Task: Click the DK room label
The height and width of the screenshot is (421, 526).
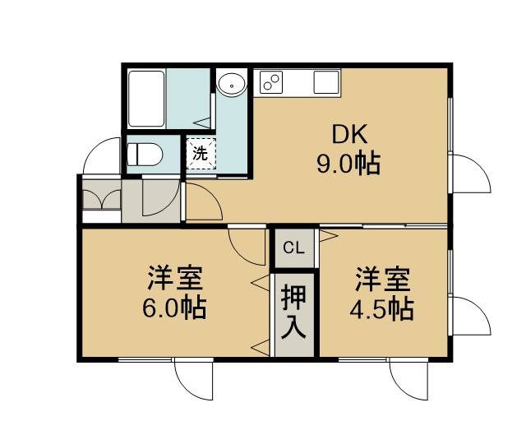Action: [349, 134]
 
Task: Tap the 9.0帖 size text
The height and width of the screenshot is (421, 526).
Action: [348, 164]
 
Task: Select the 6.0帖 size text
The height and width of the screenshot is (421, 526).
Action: [174, 308]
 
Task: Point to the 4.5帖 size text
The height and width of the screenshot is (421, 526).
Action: [381, 308]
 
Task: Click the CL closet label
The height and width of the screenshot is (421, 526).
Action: [293, 248]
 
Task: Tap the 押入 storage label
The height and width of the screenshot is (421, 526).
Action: [293, 311]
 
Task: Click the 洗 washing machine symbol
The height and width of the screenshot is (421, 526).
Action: [201, 154]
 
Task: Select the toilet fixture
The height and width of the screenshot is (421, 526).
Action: [145, 155]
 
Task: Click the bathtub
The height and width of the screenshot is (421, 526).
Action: [146, 99]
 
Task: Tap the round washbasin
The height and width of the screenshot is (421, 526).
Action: [232, 83]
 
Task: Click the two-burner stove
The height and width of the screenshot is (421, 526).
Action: [271, 82]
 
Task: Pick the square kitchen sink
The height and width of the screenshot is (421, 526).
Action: [326, 82]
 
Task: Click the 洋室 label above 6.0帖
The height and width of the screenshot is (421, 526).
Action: [175, 278]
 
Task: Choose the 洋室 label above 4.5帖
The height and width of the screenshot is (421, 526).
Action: [383, 278]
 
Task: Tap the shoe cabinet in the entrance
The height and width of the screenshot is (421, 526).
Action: [102, 200]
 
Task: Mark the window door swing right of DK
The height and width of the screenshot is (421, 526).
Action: [471, 173]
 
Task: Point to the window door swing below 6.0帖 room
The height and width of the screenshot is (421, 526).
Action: [194, 381]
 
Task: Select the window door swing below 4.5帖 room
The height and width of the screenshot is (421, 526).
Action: [409, 381]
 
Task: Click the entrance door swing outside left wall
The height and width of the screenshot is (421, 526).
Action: [101, 155]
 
